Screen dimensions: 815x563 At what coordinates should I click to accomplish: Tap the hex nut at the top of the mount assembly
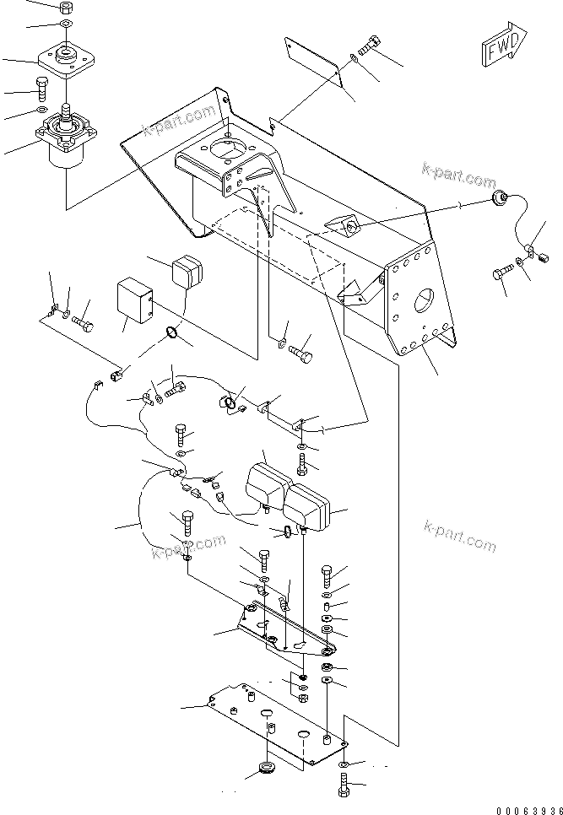click(x=65, y=8)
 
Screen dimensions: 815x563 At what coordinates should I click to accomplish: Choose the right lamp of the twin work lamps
click(x=304, y=506)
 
